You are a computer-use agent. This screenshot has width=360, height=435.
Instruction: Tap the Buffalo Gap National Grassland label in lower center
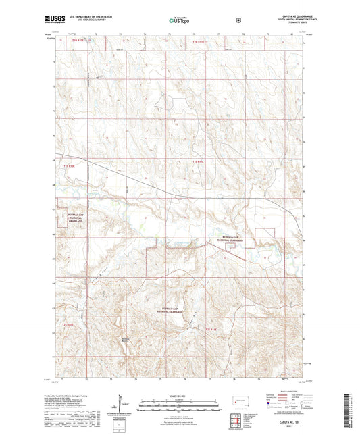tap(164, 307)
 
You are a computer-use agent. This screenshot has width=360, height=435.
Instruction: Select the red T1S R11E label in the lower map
tap(213, 329)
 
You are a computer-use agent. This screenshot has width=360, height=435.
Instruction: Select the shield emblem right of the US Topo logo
tap(238, 20)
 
